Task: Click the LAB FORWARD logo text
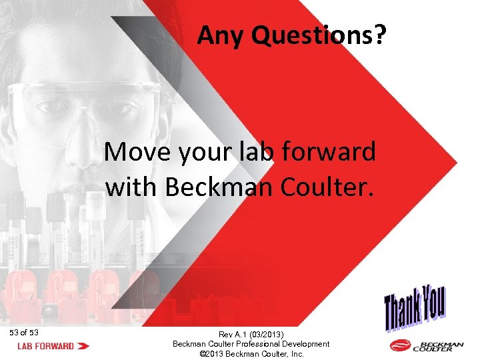(x=45, y=346)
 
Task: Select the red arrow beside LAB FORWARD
(x=84, y=346)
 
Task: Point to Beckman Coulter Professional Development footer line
(x=251, y=344)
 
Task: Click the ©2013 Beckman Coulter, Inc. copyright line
(x=251, y=354)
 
